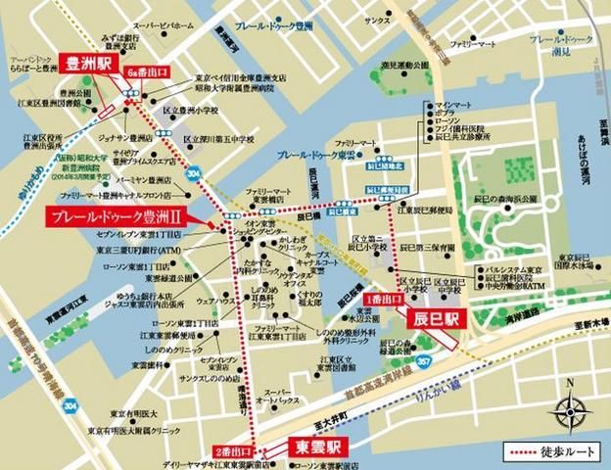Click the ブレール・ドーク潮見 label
point(561,44)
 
